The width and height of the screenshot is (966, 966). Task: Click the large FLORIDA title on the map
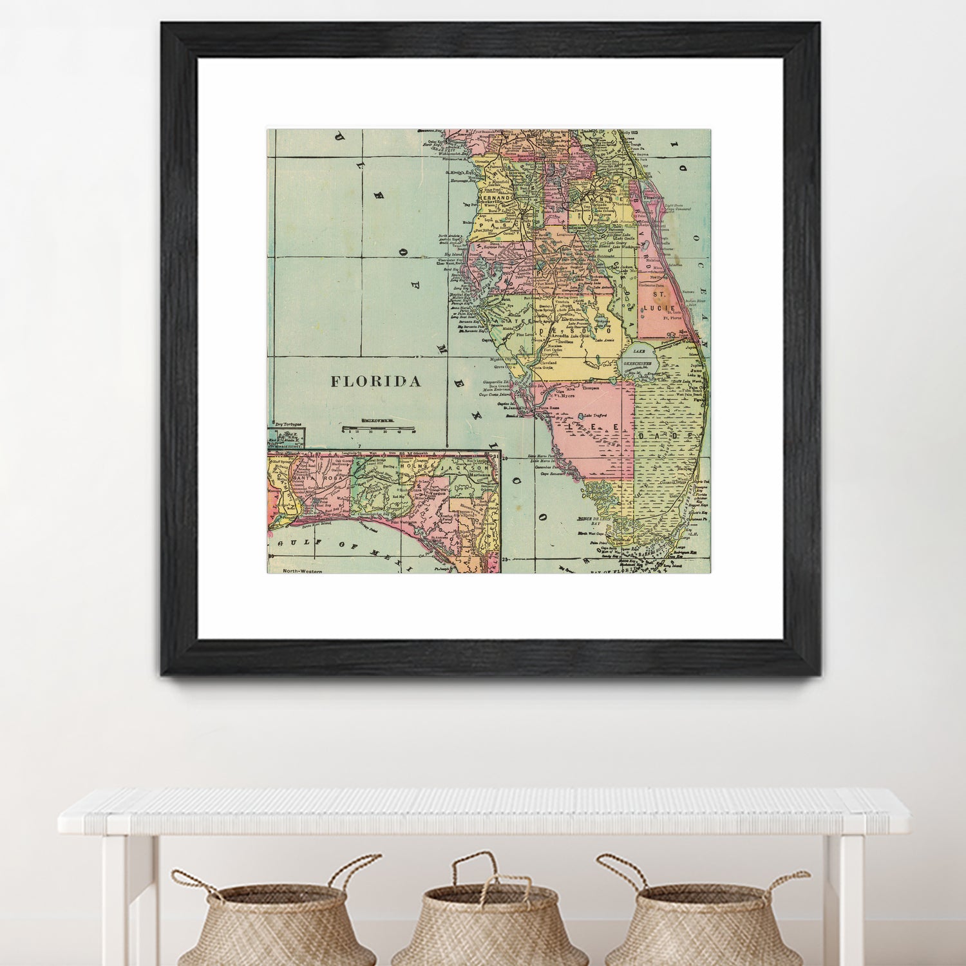point(376,381)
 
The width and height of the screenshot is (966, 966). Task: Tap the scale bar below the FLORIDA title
point(377,428)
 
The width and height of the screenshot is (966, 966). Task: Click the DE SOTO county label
point(562,330)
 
